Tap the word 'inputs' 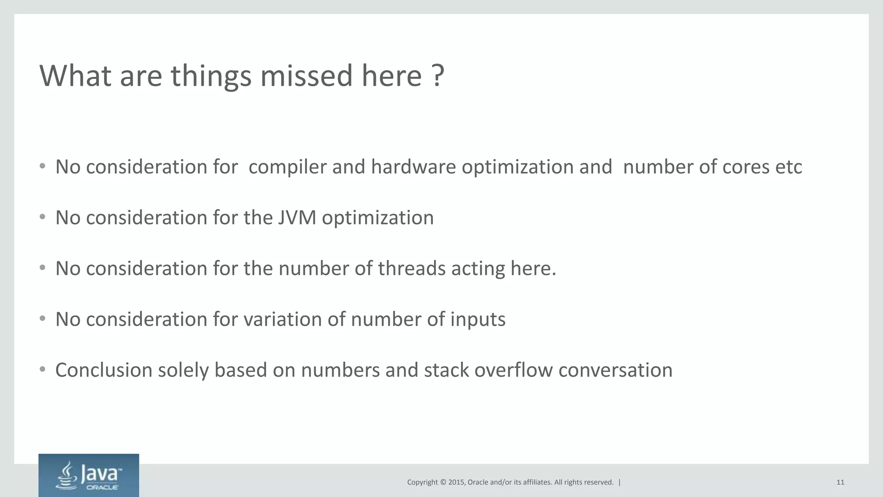click(478, 320)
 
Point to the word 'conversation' click(615, 370)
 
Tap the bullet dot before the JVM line click(42, 217)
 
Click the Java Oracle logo click(89, 475)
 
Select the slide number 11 click(840, 482)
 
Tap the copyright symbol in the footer click(443, 482)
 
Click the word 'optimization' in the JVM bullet click(378, 218)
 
